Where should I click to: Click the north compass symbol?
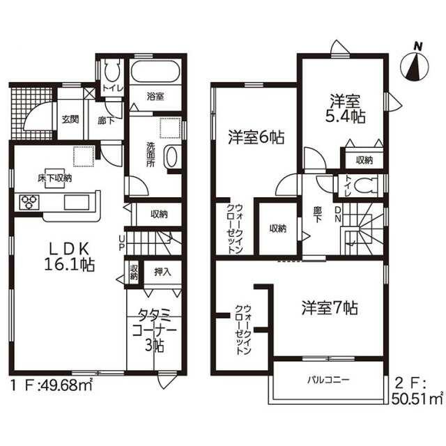414,65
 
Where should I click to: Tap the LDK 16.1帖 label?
69,257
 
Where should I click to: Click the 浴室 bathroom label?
155,96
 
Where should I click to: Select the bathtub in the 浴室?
155,72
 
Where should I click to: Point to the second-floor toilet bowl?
364,185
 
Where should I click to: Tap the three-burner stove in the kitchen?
29,201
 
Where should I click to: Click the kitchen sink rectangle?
77,202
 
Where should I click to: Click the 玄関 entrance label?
70,119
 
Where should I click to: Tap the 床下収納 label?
55,178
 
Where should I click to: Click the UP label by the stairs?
121,243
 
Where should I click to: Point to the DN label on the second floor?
338,214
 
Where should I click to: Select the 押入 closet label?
162,272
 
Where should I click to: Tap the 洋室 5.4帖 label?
346,109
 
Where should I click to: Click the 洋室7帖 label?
330,308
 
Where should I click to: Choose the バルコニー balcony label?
328,380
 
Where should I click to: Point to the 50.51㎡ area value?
417,399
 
